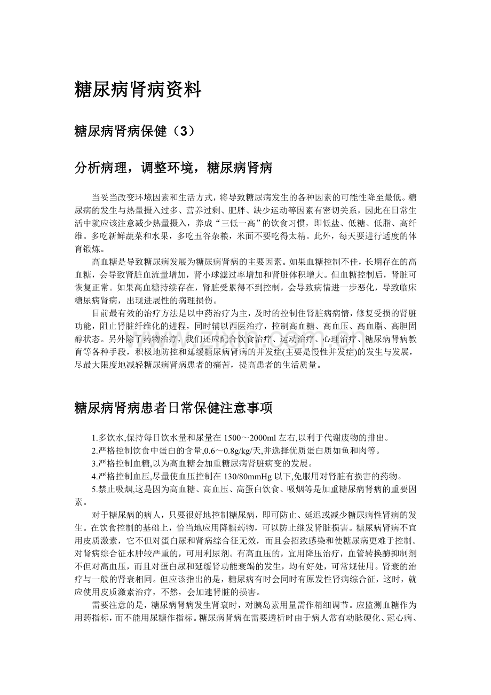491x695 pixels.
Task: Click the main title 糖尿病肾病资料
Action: point(138,90)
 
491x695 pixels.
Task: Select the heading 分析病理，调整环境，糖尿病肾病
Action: point(173,169)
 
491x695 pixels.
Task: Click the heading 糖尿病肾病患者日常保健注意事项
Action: point(173,408)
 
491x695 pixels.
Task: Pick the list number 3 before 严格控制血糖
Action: point(94,463)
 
